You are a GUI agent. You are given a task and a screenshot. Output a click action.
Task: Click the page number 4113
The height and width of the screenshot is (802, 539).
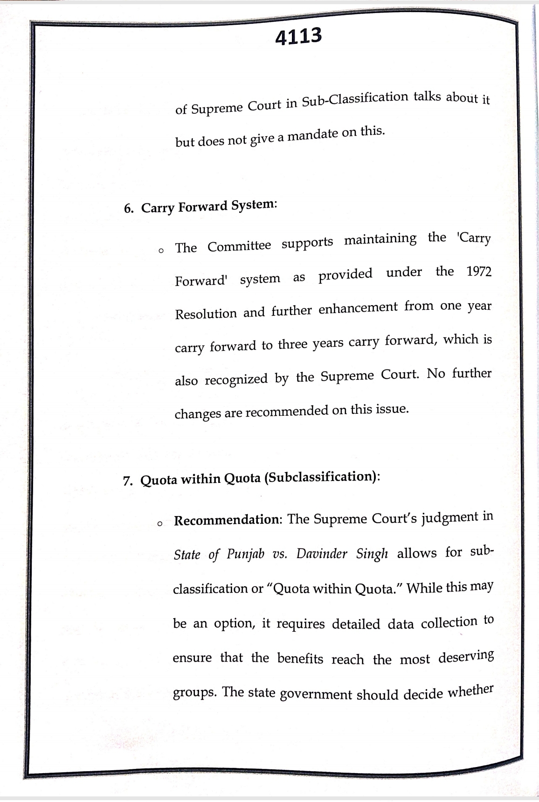pyautogui.click(x=298, y=36)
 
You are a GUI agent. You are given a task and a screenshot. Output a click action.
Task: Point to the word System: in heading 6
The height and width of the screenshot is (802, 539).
pyautogui.click(x=254, y=204)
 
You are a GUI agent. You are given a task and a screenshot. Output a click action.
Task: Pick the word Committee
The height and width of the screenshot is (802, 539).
pyautogui.click(x=239, y=245)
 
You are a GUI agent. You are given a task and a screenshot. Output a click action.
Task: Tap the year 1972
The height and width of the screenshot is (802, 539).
pyautogui.click(x=479, y=271)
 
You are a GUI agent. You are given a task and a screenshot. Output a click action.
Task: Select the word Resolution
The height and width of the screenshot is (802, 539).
pyautogui.click(x=206, y=314)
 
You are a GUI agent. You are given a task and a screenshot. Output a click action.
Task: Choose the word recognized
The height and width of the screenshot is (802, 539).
pyautogui.click(x=236, y=379)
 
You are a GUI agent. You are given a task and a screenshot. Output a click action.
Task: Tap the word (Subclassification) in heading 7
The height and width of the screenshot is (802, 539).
pyautogui.click(x=322, y=477)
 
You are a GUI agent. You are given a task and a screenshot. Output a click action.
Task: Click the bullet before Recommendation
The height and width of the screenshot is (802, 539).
pyautogui.click(x=160, y=523)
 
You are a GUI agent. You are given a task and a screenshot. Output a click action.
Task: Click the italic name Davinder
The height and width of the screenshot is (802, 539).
pyautogui.click(x=322, y=553)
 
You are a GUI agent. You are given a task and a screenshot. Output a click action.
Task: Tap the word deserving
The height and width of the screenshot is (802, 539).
pyautogui.click(x=465, y=657)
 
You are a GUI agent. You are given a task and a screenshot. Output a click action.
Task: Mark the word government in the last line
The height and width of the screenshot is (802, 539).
pyautogui.click(x=315, y=694)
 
